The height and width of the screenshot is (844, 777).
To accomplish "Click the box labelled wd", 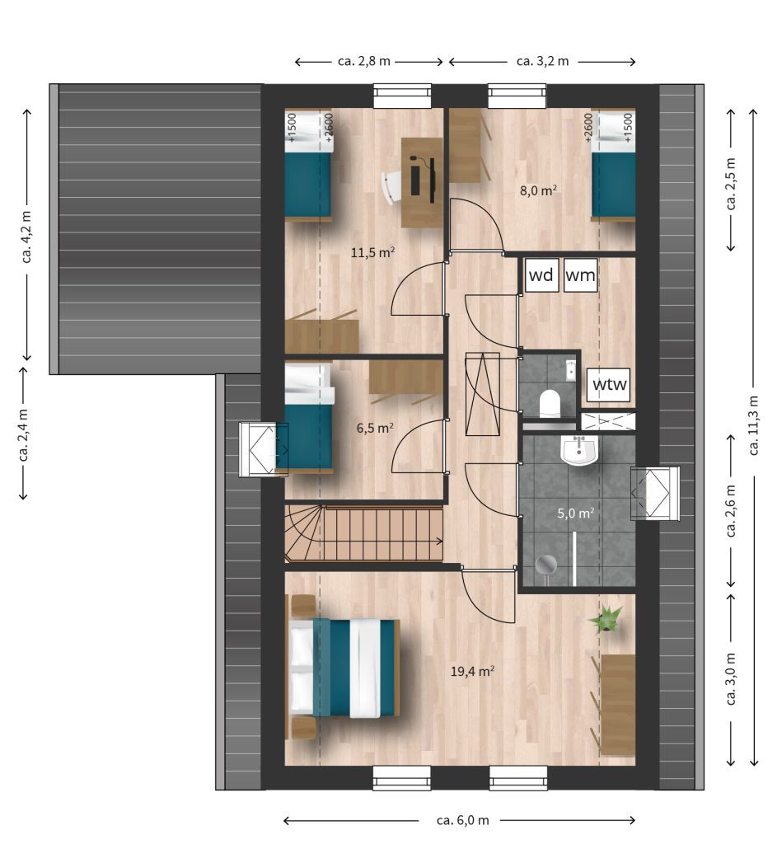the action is pyautogui.click(x=541, y=275).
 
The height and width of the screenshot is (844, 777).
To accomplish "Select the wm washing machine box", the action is pyautogui.click(x=581, y=275).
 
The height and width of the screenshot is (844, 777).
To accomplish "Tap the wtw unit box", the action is pyautogui.click(x=609, y=384).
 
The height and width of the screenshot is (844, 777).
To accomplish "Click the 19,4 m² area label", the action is pyautogui.click(x=472, y=671).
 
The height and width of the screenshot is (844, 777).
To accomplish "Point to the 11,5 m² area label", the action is pyautogui.click(x=373, y=252).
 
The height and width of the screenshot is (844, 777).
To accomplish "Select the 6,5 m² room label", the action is pyautogui.click(x=375, y=428).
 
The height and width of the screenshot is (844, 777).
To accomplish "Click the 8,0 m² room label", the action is pyautogui.click(x=538, y=190).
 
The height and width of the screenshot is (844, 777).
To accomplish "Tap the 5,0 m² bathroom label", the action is pyautogui.click(x=576, y=513).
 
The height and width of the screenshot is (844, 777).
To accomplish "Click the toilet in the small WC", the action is pyautogui.click(x=550, y=402).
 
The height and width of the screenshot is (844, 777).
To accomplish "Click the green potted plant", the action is pyautogui.click(x=607, y=618).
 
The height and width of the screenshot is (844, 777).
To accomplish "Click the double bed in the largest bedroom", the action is pyautogui.click(x=344, y=668).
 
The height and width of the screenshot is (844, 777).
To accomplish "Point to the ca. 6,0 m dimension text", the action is pyautogui.click(x=463, y=820).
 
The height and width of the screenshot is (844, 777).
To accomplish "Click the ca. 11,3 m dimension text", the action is pyautogui.click(x=753, y=425).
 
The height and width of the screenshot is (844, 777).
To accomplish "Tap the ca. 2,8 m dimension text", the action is pyautogui.click(x=363, y=61).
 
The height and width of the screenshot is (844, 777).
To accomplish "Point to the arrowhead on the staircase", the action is pyautogui.click(x=439, y=542).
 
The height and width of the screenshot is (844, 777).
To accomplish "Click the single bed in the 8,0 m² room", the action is pyautogui.click(x=613, y=166).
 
